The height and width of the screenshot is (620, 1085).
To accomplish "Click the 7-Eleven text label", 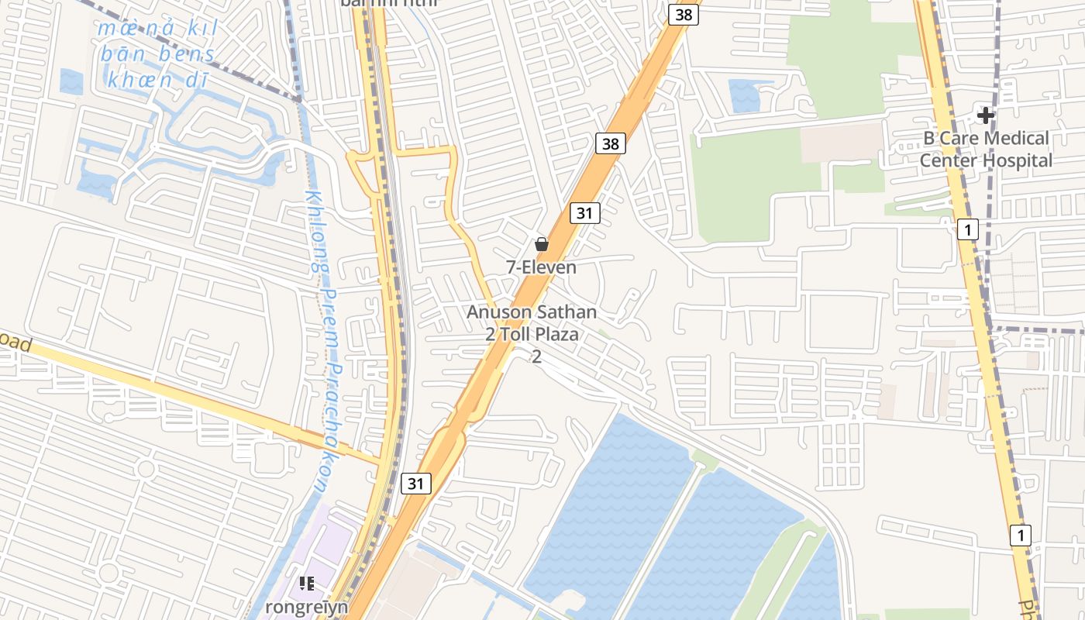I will coord(541,267).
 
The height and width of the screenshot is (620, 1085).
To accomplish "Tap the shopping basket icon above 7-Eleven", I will coord(542,244).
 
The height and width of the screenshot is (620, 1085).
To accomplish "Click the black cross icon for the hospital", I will coord(986,115).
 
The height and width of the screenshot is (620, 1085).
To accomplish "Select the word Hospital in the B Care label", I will coord(1018,161).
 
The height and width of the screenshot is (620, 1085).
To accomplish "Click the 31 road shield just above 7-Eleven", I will coord(585,212).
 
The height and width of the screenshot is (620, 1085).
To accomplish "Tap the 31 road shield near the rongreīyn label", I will coord(416,484).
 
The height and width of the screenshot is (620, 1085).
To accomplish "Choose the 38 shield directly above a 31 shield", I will coord(611,143).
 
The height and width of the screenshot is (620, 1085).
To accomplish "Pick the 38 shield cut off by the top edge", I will coord(683,14).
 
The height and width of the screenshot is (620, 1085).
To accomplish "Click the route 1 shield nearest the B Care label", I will coord(967,229).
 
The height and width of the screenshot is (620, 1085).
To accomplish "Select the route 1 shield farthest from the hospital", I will coord(1021,535).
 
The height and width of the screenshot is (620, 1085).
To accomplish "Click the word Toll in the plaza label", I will coord(520,335).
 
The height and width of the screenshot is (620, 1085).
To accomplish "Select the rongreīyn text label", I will coord(306,606).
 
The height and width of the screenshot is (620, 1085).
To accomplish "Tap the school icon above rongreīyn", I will coord(307,583).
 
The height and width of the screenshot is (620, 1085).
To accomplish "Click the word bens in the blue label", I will coord(187,54).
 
